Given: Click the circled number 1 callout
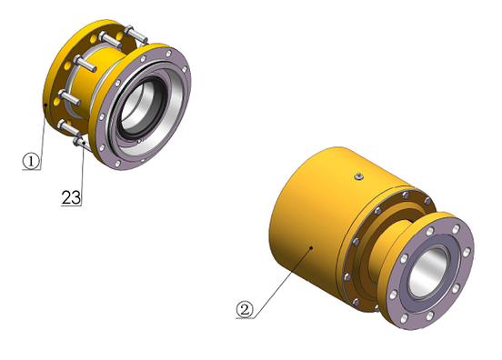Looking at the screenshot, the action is coord(31,161).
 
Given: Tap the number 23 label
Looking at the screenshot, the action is coord(71,197).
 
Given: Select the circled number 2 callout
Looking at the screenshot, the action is coord(245,309).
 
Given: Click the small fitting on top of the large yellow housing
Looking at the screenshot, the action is coord(359,176).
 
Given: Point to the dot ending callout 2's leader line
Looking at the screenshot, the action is coord(311,247).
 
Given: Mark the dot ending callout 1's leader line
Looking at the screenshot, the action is coord(46,105).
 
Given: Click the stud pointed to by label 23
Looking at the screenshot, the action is coord(81,143).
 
